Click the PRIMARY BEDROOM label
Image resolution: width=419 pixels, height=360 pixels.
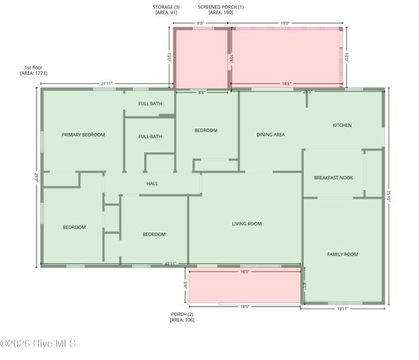(82, 135)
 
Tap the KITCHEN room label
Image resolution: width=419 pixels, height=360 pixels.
(342, 125)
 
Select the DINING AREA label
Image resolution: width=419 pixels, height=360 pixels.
(271, 135)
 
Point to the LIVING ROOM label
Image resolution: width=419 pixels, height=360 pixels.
(246, 223)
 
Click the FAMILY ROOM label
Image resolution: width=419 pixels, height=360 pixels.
(343, 254)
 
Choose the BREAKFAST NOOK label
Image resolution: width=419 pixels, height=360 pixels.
(334, 178)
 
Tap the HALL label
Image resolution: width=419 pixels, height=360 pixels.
(152, 183)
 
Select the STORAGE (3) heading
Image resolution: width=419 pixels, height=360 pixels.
(166, 6)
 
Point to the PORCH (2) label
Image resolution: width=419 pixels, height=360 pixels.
(182, 313)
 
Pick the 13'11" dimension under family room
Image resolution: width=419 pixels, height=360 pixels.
(342, 308)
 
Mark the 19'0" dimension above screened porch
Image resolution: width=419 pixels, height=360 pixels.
(285, 23)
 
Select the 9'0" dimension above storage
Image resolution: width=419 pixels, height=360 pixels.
(201, 23)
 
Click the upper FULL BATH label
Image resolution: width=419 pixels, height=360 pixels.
(150, 103)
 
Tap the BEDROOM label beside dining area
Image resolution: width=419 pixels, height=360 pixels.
(205, 130)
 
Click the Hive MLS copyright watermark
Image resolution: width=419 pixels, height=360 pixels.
(38, 344)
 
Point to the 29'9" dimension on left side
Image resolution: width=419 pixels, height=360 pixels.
(35, 177)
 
